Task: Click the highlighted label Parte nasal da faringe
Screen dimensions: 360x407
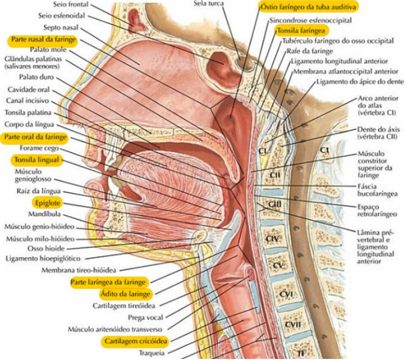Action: point(42,40)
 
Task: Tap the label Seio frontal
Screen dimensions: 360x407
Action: point(74,5)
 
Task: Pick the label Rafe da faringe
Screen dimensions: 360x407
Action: point(310,52)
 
